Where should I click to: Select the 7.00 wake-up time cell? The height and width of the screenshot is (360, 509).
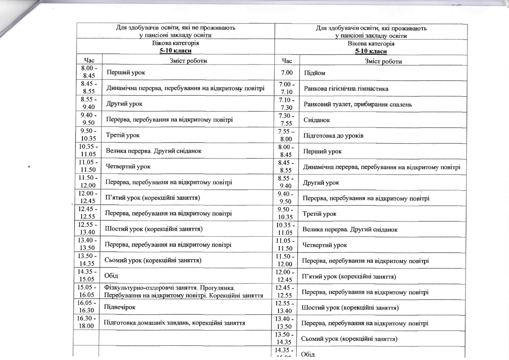coord(287,73)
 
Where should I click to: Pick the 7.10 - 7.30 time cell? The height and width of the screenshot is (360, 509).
coord(286,104)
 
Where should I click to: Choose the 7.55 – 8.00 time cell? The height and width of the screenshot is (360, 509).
coord(286,135)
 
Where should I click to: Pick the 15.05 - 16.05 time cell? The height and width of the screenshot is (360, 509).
coord(87,291)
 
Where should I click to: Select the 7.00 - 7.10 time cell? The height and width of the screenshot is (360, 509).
coord(287,88)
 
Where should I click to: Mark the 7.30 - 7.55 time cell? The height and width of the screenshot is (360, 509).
coord(286,120)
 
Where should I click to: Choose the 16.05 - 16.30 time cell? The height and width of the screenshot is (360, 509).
coord(87,307)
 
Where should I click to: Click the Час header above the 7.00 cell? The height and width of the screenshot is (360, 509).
coord(287,61)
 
